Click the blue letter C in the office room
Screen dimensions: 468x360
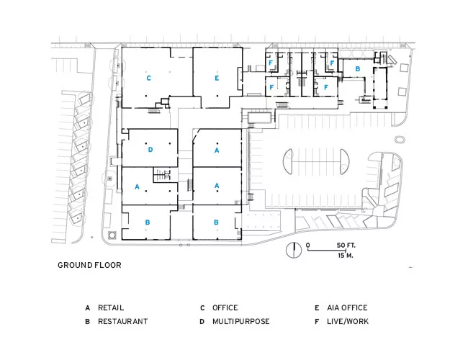148,78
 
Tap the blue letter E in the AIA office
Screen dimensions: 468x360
217,78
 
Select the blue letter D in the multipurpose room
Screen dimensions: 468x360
150,150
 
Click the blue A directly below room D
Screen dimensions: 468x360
137,186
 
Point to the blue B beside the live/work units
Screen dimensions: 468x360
358,68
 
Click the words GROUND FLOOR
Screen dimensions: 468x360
89,265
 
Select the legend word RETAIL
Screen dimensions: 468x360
111,307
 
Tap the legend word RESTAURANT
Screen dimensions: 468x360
122,322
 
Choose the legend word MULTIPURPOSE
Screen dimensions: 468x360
241,322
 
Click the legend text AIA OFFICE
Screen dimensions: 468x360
347,307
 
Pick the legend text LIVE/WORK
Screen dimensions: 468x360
348,322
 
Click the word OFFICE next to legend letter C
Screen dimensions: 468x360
225,307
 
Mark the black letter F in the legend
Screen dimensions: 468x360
317,322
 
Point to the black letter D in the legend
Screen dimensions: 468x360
202,322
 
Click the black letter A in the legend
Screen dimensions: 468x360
87,308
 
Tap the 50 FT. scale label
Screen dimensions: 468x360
346,246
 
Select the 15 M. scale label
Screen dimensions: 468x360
346,256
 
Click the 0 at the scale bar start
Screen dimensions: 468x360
307,246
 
